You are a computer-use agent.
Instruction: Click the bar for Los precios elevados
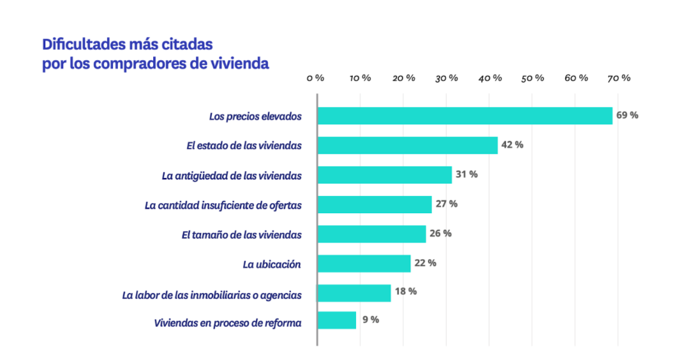[x=465, y=116]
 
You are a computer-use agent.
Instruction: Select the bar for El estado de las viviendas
[x=407, y=145]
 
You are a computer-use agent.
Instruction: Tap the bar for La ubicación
[x=364, y=264]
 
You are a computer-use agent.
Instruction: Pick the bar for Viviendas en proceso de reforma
[x=336, y=320]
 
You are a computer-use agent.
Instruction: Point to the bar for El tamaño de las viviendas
[x=371, y=234]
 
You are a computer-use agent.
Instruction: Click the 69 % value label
[x=627, y=116]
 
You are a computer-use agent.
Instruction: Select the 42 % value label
[x=512, y=145]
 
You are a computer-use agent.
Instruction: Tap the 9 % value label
[x=371, y=320]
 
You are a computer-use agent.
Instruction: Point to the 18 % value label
[x=406, y=291]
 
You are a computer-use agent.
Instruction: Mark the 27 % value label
[x=447, y=204]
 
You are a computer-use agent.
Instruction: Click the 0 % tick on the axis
[x=315, y=78]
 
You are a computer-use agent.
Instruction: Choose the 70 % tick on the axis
[x=619, y=78]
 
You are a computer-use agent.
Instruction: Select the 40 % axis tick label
[x=489, y=78]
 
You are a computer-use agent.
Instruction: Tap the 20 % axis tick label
[x=403, y=78]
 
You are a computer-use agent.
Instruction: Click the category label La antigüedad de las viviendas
[x=232, y=176]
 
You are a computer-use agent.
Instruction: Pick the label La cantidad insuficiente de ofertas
[x=223, y=205]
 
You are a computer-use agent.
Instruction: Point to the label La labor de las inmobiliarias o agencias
[x=212, y=295]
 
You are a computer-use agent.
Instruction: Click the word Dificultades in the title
[x=80, y=45]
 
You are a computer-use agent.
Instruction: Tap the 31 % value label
[x=466, y=174]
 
